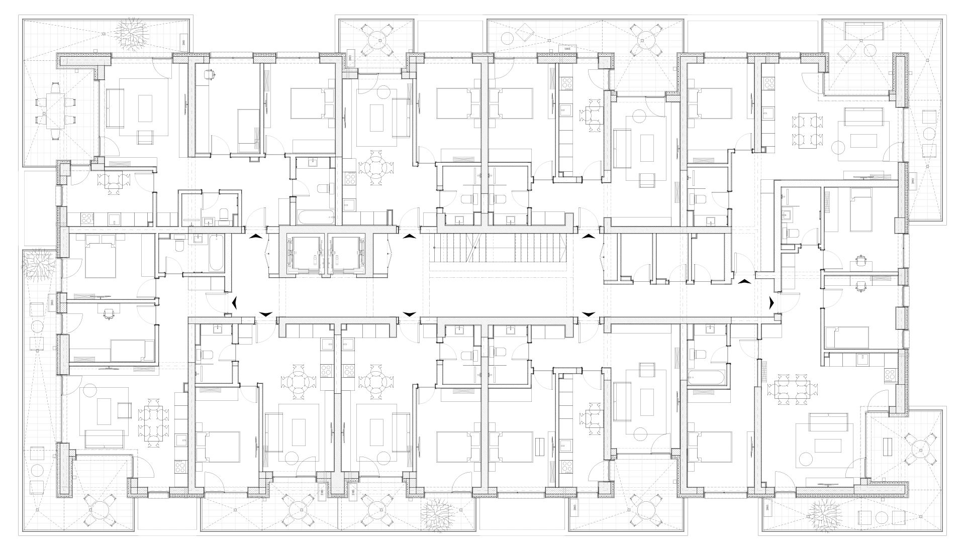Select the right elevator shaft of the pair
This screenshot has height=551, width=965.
point(346,254)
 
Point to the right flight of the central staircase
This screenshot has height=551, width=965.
point(538,248)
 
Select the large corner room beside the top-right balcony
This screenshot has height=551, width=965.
point(829,136)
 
